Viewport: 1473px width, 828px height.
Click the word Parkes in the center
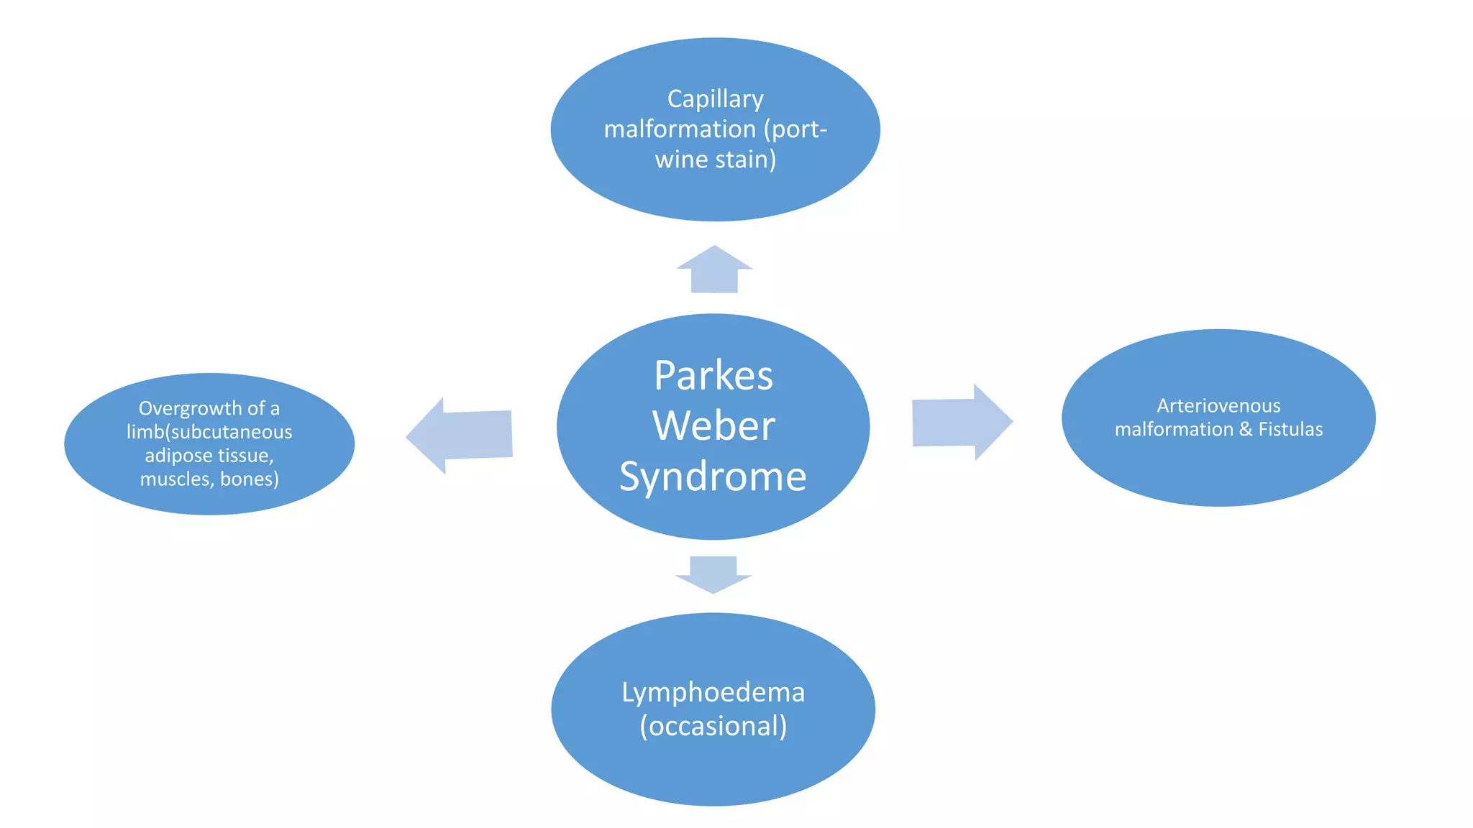click(x=713, y=375)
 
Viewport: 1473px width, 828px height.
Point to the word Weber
click(x=713, y=425)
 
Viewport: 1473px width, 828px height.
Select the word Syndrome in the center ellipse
click(x=713, y=477)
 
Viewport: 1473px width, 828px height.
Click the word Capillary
click(x=715, y=99)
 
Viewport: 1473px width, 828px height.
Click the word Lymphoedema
click(x=713, y=692)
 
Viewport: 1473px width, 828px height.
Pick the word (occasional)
click(x=713, y=726)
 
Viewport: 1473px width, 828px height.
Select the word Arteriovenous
click(x=1218, y=406)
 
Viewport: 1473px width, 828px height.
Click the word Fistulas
click(x=1290, y=430)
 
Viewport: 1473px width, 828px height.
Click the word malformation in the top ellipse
click(x=680, y=129)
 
